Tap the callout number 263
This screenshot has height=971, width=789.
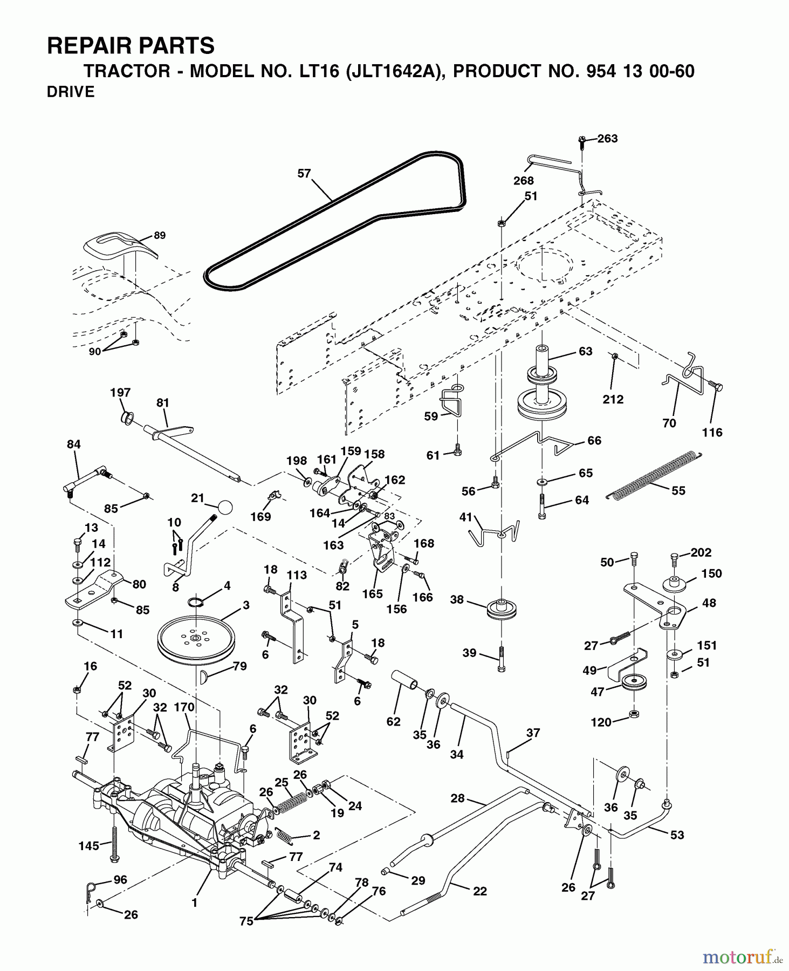coord(607,139)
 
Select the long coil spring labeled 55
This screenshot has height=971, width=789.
coord(653,475)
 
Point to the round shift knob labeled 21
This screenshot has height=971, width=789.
coord(225,507)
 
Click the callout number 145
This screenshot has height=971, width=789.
coord(88,846)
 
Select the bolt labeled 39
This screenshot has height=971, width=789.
coord(502,658)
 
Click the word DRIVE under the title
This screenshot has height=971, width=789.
coord(71,92)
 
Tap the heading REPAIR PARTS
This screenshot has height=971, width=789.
coord(131,46)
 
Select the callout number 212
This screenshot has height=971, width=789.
coord(613,400)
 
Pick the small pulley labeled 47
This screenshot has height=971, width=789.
coord(633,682)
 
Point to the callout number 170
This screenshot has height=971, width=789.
coord(184,707)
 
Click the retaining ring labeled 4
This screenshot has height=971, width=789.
coord(197,602)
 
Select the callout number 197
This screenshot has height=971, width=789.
coord(120,393)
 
